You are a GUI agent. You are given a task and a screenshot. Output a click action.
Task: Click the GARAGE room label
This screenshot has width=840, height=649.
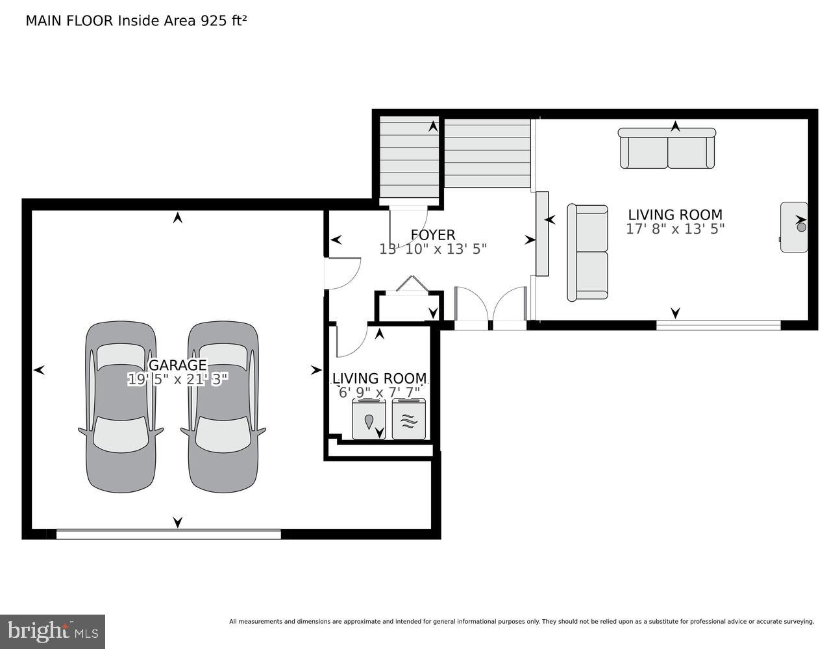pos(177,365)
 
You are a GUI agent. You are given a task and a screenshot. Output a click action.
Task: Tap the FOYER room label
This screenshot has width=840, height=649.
pos(432,235)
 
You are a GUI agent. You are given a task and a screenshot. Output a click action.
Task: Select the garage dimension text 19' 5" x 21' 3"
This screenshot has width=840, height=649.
pos(177,380)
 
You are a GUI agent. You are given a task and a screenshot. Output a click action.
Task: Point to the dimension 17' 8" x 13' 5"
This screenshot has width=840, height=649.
pos(674,229)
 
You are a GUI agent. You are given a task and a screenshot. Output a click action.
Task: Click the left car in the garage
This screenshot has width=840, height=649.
pos(121,407)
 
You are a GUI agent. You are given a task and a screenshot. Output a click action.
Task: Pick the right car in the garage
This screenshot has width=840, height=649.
pos(223,407)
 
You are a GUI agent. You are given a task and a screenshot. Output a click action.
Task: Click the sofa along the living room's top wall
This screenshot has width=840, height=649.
pos(667,149)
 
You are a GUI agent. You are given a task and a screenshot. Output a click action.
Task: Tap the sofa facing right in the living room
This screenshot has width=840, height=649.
pos(587,252)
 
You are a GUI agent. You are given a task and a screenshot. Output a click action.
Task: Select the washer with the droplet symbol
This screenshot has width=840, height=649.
pos(369,419)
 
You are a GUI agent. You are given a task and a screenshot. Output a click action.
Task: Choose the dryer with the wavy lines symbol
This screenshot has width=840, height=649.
pos(408,419)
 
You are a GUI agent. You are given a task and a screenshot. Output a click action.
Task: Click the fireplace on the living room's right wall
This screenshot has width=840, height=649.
pos(794,227)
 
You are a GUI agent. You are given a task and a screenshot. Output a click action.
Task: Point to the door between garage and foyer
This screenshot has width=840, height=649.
pos(340,273)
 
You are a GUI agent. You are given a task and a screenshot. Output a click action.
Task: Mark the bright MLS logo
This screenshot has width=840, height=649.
pos(52,631)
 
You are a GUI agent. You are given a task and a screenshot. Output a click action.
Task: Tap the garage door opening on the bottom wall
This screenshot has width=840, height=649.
pos(168,534)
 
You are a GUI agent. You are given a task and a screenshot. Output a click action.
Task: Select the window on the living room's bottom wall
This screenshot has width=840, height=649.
pos(718,324)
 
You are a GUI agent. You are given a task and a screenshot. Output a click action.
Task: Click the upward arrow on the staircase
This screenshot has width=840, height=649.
pos(433,126)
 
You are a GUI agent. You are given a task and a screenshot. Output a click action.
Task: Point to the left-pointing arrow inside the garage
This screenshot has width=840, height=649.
pos(39,370)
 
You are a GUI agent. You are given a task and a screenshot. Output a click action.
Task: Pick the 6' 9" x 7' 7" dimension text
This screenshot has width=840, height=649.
pos(379,393)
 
